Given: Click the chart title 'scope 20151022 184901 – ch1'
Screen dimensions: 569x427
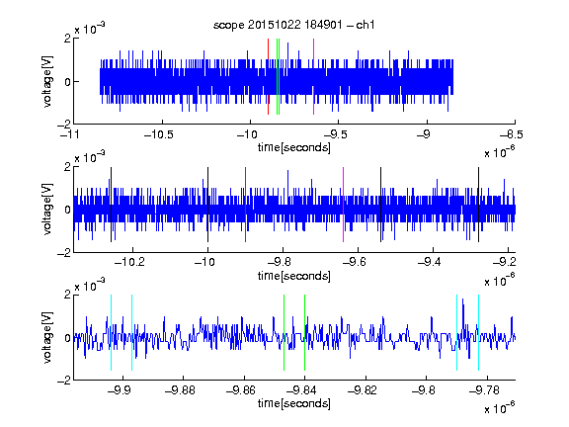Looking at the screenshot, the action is (293, 25).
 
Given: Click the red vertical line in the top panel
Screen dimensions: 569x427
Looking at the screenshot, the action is (268, 77).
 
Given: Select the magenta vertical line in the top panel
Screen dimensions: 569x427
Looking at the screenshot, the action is (313, 77).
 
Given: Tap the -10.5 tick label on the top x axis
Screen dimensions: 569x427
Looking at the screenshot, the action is (159, 134).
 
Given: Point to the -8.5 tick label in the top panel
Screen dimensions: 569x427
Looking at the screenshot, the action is (512, 134).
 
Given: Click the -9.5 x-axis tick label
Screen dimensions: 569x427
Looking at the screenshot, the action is (335, 134).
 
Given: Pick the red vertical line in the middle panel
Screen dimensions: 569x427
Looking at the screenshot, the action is (245, 205).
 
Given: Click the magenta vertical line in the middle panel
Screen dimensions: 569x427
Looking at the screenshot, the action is (344, 205).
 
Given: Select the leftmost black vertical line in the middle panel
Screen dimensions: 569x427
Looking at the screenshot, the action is (111, 205).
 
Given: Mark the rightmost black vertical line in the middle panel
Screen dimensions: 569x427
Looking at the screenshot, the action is (479, 205).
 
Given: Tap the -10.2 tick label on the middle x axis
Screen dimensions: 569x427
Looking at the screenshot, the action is (129, 262).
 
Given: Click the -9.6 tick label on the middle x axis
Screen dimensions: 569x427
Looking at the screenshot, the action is (355, 262).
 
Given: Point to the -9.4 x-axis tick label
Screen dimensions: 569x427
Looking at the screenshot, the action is (430, 262).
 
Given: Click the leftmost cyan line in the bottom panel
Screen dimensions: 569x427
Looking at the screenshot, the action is (111, 332).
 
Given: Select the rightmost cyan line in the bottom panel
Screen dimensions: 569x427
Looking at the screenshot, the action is (479, 332).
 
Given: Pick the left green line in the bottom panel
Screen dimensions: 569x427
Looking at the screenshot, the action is (284, 332).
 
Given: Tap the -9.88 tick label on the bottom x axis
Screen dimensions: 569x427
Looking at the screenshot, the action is (180, 390).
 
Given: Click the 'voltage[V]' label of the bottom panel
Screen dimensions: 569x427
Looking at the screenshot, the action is (47, 337).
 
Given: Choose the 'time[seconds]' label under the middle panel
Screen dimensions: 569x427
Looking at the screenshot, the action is (294, 276).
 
